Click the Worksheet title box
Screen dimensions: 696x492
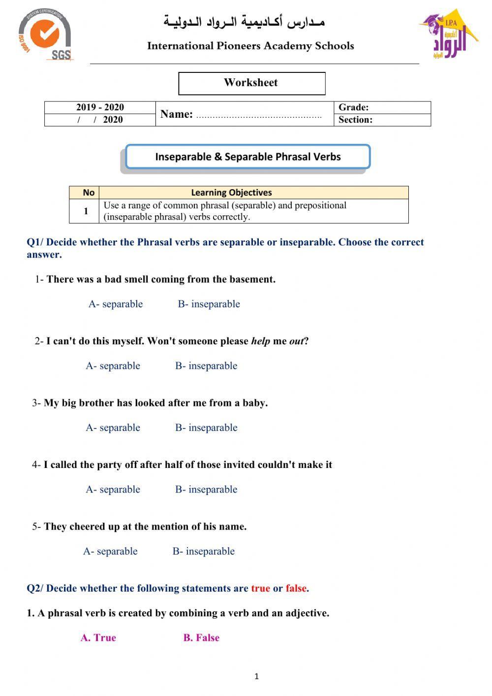(x=251, y=83)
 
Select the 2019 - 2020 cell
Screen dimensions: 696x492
(x=100, y=107)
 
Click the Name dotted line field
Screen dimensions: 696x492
(x=259, y=116)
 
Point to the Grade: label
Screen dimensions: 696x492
(x=353, y=107)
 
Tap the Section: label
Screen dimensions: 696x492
(x=355, y=120)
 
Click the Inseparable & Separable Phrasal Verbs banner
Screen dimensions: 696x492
(x=248, y=157)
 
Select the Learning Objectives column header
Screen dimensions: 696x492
(x=231, y=193)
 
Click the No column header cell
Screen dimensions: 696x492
(x=89, y=193)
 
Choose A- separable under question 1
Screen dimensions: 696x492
(x=116, y=304)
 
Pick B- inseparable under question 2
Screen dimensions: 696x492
(x=206, y=366)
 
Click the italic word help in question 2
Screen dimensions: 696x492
(x=260, y=341)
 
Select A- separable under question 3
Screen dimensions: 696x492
(x=113, y=428)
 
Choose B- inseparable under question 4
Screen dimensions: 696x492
(x=206, y=490)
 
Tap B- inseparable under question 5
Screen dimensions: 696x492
(x=203, y=551)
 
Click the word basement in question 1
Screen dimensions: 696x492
(x=253, y=279)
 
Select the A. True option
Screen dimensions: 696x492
(x=98, y=638)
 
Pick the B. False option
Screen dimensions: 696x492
(x=201, y=638)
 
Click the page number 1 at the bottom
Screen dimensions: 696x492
(x=256, y=676)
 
